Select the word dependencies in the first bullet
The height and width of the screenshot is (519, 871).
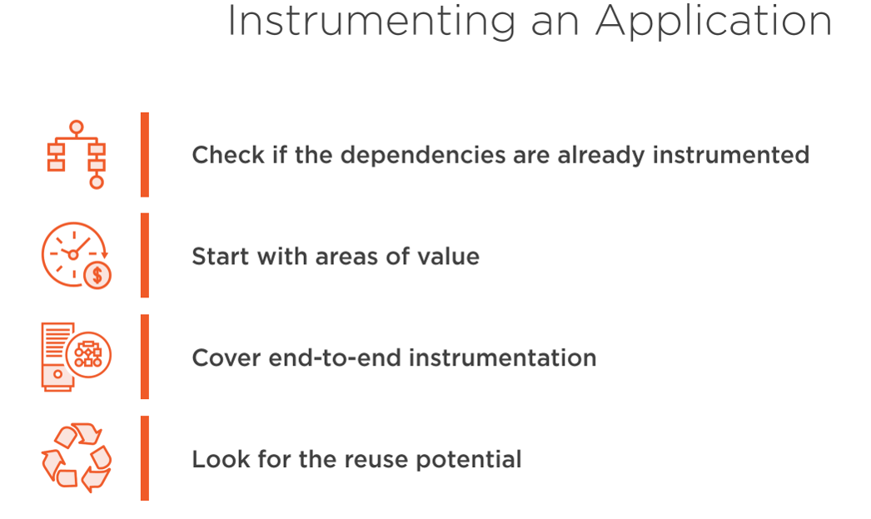pos(423,156)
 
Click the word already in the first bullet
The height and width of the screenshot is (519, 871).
pos(601,156)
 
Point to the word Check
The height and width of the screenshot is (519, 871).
pos(228,155)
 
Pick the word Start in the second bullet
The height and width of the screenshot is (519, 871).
pos(221,257)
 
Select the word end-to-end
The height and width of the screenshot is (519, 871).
pos(335,358)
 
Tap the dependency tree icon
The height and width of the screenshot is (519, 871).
pos(76,155)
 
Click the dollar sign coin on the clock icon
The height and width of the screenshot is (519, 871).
pos(97,275)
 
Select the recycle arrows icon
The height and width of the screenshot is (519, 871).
pos(77,458)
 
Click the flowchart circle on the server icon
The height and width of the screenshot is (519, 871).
pos(88,355)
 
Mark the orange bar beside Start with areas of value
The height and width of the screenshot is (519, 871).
pos(145,256)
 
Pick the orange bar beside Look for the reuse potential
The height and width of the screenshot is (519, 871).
pos(145,458)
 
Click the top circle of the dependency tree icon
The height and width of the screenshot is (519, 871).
pos(77,127)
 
